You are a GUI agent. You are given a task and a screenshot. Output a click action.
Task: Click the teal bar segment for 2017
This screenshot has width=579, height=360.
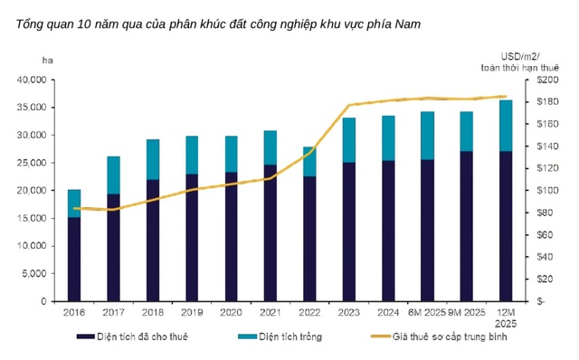pos(113,175)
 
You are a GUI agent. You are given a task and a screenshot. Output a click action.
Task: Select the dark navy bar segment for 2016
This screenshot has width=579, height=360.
pos(74,259)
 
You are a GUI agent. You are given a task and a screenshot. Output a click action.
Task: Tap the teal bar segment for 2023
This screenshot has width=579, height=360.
pos(348,140)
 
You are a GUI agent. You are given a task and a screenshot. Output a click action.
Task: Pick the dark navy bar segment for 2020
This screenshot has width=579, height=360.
pos(231,236)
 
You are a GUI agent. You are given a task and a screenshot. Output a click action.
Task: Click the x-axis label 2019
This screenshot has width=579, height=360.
pos(192,312)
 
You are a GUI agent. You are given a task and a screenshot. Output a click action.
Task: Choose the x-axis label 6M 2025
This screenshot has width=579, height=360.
pos(428,312)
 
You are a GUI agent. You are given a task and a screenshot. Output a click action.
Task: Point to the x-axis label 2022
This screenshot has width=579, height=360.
pos(309,312)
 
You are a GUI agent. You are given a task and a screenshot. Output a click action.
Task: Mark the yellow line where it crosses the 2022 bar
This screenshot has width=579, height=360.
pos(309,151)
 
